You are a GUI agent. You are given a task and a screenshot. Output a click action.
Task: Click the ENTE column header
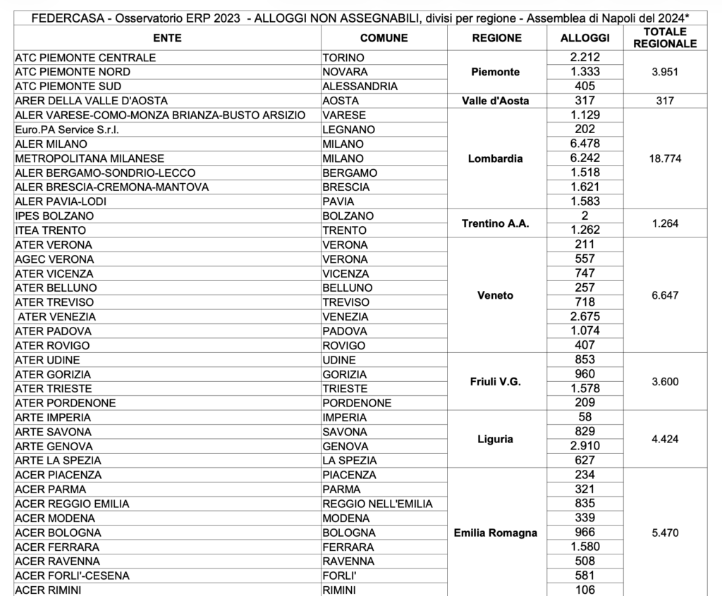pos(166,38)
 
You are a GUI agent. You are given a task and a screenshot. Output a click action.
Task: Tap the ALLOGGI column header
pos(585,38)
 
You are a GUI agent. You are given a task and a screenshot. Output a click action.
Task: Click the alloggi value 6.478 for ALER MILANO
pos(585,144)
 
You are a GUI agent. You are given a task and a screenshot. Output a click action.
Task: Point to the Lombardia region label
pos(495,159)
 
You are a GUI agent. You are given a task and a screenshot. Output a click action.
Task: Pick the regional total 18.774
pos(664,159)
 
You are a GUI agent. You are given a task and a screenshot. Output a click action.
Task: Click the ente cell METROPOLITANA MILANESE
pos(90,159)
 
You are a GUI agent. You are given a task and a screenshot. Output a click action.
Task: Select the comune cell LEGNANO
pos(348,130)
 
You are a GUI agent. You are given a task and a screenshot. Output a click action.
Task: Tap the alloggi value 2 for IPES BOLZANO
pos(585,216)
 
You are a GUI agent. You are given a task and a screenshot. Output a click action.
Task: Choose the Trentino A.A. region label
pos(495,223)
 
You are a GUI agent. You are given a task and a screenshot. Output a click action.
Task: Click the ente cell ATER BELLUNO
pos(56,288)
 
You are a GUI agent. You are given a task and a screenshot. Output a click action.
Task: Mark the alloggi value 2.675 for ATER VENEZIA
pos(585,316)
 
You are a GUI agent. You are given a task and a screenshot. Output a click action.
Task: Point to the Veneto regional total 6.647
pos(664,295)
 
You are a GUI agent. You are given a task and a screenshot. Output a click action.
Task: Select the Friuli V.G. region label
pos(495,381)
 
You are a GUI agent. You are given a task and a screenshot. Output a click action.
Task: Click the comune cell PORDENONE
pos(356,403)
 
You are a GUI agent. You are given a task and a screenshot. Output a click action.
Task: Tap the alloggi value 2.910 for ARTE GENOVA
pos(585,446)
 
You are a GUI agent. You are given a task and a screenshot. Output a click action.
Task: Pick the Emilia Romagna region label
pos(495,533)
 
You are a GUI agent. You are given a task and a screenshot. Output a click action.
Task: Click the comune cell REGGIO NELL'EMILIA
pos(377,504)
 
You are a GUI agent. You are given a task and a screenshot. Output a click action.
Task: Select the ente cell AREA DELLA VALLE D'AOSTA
pos(90,101)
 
